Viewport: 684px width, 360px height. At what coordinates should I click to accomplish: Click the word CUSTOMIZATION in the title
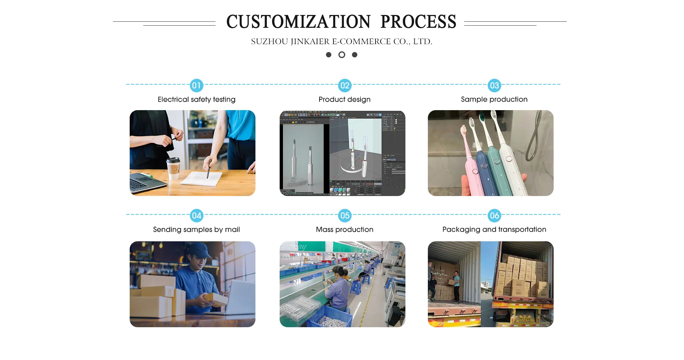coord(299,22)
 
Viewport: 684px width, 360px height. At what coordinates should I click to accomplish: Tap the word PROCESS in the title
coord(418,22)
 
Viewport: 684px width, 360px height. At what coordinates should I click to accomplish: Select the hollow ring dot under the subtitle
coord(342,55)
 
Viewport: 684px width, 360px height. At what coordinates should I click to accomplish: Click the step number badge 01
coord(196,86)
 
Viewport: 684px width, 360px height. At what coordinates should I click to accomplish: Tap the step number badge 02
coord(344,86)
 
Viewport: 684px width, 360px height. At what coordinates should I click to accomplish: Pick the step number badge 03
coord(494,86)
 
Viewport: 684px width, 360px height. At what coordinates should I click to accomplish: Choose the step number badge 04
coord(196,216)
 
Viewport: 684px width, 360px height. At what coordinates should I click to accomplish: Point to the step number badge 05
coord(344,216)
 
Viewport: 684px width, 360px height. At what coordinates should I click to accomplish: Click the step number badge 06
coord(494,216)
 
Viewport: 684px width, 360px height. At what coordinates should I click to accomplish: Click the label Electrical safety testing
coord(196,99)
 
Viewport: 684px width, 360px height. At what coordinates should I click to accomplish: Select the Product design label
coord(344,99)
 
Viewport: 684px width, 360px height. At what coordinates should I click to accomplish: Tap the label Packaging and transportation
coord(494,230)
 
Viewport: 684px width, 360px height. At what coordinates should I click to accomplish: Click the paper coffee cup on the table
coord(173,168)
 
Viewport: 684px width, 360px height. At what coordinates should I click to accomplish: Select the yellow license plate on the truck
coord(525,319)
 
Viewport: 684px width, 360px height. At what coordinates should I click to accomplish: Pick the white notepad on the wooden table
coord(201,178)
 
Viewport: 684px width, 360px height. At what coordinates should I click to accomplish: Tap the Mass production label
coord(344,230)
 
